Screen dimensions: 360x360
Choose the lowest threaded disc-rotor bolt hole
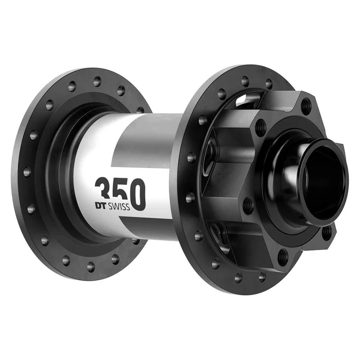pyautogui.click(x=283, y=257)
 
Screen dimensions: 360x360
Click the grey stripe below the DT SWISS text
pyautogui.click(x=144, y=225)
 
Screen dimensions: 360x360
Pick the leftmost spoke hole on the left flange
pyautogui.click(x=27, y=171)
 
